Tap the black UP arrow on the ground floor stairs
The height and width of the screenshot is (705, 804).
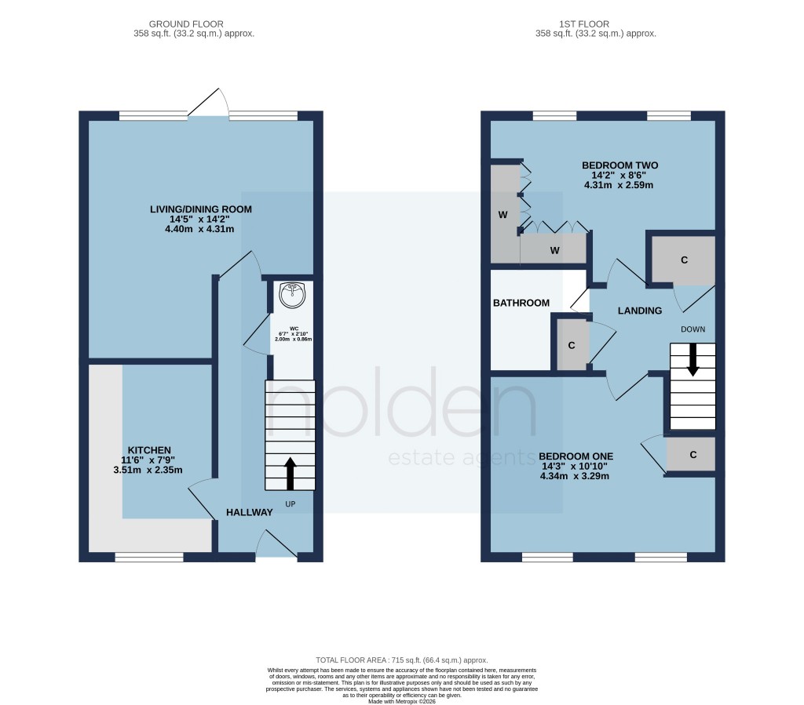point(291,474)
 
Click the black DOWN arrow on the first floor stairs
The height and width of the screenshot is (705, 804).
point(693,360)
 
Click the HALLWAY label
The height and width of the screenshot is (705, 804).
point(250,512)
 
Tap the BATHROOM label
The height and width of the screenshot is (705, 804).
point(521,303)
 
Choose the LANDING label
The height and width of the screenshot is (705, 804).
point(640,311)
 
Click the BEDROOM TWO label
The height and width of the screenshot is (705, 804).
point(619,165)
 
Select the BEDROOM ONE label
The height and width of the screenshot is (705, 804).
point(576,456)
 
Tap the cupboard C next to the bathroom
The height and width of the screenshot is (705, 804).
point(571,344)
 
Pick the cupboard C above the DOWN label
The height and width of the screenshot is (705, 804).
point(684,259)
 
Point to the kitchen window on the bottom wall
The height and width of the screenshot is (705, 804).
point(149,557)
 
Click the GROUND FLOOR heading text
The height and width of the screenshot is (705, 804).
point(194,24)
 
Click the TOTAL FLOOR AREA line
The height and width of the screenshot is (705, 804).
point(401,660)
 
